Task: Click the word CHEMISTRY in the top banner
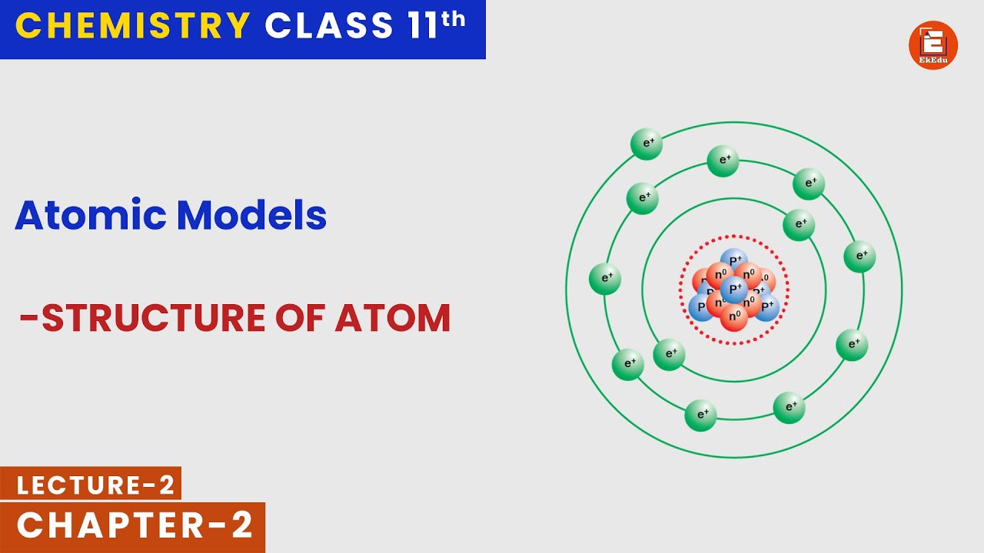[132, 25]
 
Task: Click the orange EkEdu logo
[932, 45]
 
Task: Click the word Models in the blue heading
[251, 215]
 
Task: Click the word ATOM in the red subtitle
[392, 318]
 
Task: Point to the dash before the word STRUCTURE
[29, 318]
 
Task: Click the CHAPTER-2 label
[135, 526]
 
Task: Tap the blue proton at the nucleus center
[734, 290]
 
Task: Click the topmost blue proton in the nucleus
[734, 261]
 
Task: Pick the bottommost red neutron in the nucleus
[734, 316]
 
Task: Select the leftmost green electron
[605, 279]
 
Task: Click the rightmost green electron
[859, 256]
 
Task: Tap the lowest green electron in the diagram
[701, 416]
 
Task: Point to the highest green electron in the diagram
[647, 144]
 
